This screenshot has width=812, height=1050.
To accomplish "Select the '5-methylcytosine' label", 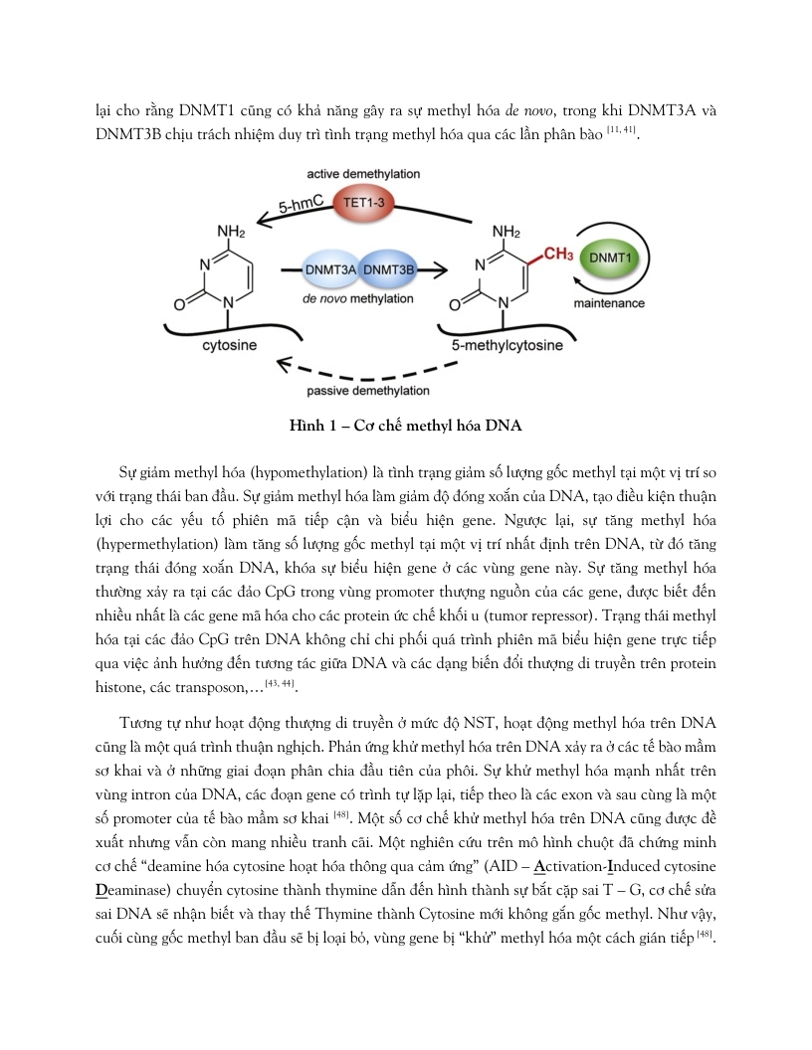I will click(507, 345).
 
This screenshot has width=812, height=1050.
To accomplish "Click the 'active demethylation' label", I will click(363, 173).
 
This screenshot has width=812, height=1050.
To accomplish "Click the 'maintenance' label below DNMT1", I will click(609, 302).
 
